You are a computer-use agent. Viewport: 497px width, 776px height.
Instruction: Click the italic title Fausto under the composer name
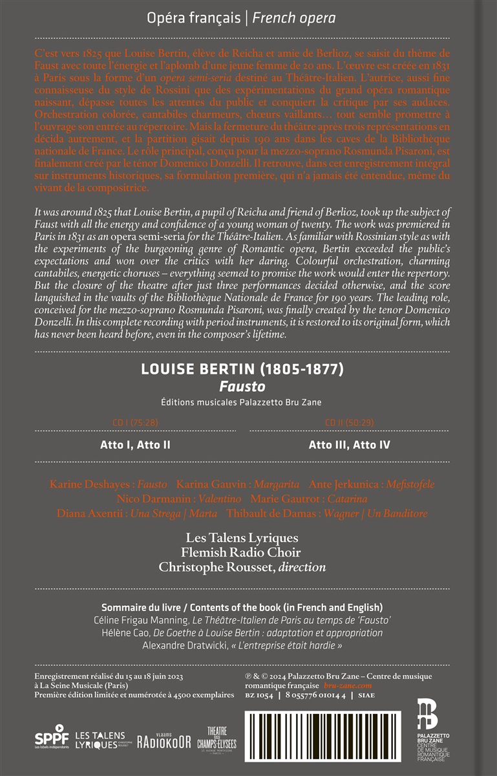tap(248, 387)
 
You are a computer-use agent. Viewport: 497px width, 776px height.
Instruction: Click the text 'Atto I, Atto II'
tap(135, 444)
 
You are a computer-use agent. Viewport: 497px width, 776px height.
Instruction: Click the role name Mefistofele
tap(410, 484)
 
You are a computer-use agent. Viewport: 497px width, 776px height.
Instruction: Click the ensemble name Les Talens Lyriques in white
tap(242, 537)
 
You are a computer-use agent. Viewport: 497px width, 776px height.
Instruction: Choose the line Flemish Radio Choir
tap(242, 552)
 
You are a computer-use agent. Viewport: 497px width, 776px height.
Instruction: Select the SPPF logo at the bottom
tap(52, 737)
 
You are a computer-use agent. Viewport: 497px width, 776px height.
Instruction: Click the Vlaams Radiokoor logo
tap(164, 740)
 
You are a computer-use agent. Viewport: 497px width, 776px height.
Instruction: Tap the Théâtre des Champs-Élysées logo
tap(217, 738)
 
